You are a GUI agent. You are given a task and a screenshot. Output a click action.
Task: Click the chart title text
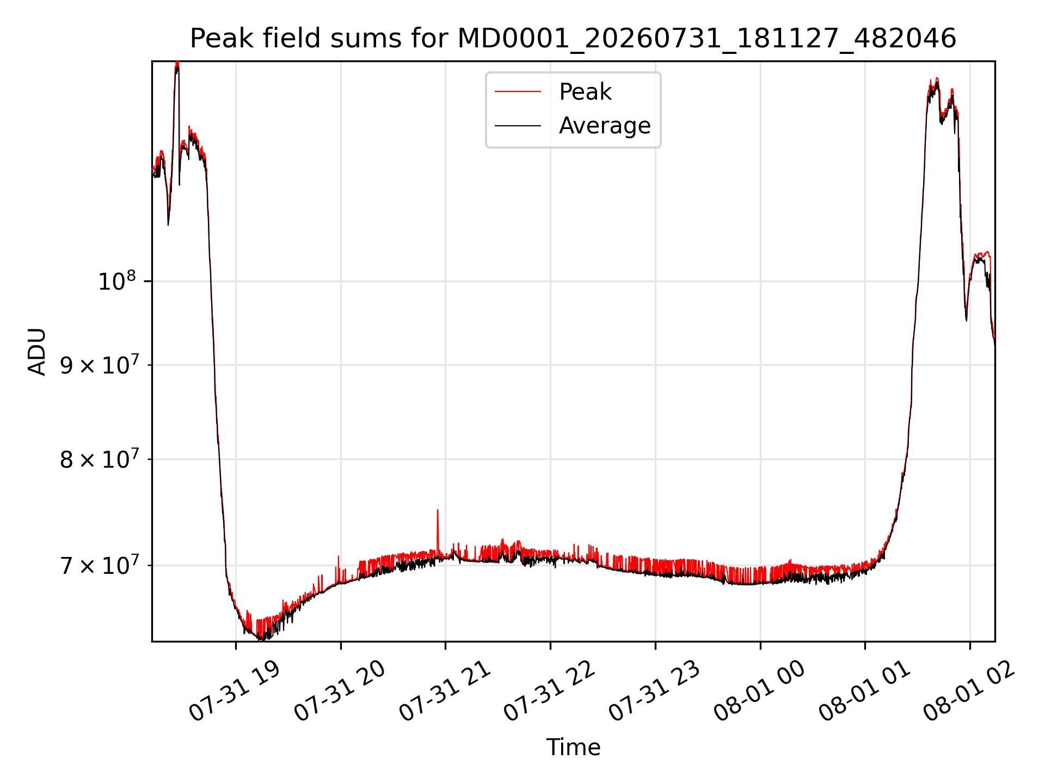(x=573, y=39)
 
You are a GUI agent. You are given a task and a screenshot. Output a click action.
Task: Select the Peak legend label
(x=585, y=92)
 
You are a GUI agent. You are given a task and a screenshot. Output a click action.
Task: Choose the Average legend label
(x=605, y=126)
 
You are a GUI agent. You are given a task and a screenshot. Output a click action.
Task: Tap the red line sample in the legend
(x=518, y=92)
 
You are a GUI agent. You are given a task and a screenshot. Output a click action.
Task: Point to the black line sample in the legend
(x=518, y=126)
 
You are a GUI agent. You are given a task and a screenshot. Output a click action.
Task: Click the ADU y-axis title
(x=37, y=351)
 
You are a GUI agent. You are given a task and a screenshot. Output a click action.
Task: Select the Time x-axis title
(x=573, y=748)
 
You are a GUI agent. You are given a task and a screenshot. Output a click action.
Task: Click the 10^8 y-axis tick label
(x=116, y=281)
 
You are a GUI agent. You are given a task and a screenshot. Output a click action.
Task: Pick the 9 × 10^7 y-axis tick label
(x=99, y=365)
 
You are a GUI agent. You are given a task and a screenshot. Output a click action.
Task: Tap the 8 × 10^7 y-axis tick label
(x=99, y=460)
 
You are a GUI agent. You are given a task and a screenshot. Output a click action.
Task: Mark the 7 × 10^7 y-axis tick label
(x=99, y=566)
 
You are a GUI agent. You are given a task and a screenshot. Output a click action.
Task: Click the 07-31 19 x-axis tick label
(x=235, y=691)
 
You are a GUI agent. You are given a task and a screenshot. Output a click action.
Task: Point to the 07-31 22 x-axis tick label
(x=550, y=691)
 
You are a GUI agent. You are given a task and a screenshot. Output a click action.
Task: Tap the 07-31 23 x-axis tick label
(x=654, y=691)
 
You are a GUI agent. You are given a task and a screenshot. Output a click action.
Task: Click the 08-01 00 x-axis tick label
(x=759, y=691)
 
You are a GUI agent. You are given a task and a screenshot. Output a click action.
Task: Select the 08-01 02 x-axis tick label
(x=969, y=691)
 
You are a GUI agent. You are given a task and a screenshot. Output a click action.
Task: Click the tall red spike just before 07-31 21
(x=438, y=531)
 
